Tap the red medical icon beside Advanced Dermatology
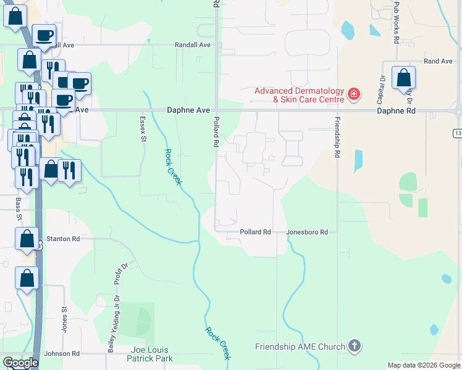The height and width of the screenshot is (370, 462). pos(354,94)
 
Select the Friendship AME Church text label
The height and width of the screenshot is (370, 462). pos(300,347)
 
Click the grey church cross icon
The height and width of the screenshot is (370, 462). pos(355,346)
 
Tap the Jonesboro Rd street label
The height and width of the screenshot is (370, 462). pos(306,232)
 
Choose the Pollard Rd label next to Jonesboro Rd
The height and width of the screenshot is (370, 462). pos(256,232)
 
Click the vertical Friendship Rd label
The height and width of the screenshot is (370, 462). pos(337,138)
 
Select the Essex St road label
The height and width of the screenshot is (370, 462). pos(143,130)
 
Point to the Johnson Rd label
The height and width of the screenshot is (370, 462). pos(62,354)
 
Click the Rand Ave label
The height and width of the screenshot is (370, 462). pos(438,62)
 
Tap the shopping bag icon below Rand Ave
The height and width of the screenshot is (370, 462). pos(403,78)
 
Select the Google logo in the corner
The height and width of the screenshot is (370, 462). pos(20,363)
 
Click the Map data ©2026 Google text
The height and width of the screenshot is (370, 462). pos(423,365)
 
